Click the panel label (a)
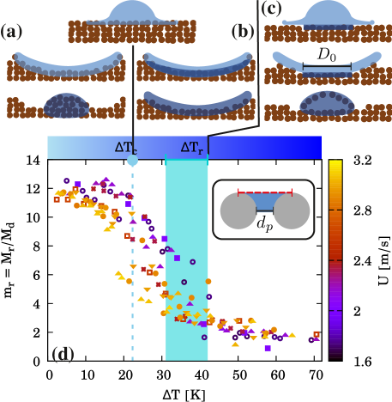[x=12, y=33]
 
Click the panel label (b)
[x=244, y=33]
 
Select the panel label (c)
[x=271, y=9]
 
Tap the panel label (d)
[x=63, y=354]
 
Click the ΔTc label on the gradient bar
[x=125, y=147]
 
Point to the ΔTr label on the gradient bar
[x=192, y=147]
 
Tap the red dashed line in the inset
[x=265, y=193]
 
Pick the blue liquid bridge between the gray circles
[x=265, y=204]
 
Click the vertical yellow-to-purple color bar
[x=335, y=258]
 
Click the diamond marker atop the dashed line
[x=132, y=161]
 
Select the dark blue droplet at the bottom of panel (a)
[x=65, y=106]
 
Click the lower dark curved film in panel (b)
[x=197, y=103]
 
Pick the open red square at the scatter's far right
[x=317, y=334]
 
